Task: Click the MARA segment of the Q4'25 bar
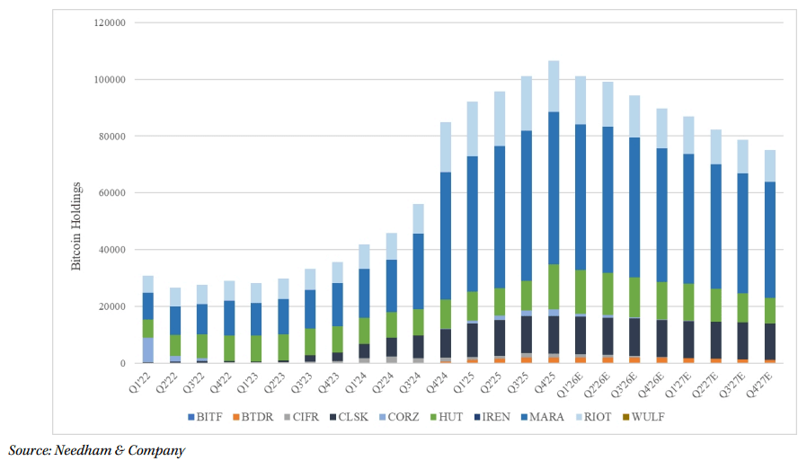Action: coord(554,188)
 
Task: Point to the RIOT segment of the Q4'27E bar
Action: coord(769,165)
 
